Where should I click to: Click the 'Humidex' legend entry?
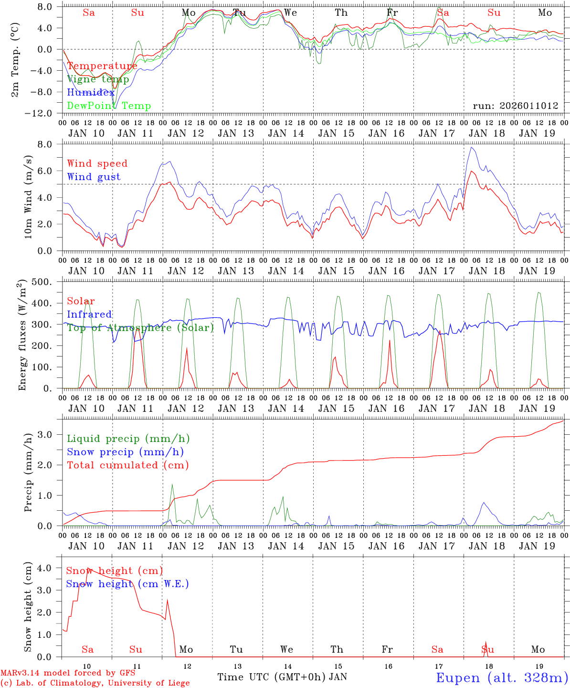pos(91,93)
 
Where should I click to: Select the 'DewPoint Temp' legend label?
pos(109,106)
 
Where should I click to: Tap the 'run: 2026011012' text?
pos(515,106)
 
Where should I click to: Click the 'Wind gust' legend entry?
pos(94,177)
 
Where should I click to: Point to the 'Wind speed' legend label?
pos(97,163)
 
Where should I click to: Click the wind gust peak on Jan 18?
pos(471,147)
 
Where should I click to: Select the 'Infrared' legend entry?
pos(89,314)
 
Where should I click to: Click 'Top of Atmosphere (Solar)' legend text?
pos(140,328)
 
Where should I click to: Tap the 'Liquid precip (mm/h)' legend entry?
pos(128,439)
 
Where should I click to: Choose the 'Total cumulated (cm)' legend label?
pos(127,465)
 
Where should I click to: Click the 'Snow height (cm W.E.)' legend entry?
pos(127,584)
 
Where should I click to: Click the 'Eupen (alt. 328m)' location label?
pos(502,677)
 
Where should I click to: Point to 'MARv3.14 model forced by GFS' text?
pos(68,673)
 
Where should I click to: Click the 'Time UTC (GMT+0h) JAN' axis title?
pos(282,677)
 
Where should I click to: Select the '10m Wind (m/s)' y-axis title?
pos(28,197)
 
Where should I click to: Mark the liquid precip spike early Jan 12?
pos(172,484)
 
